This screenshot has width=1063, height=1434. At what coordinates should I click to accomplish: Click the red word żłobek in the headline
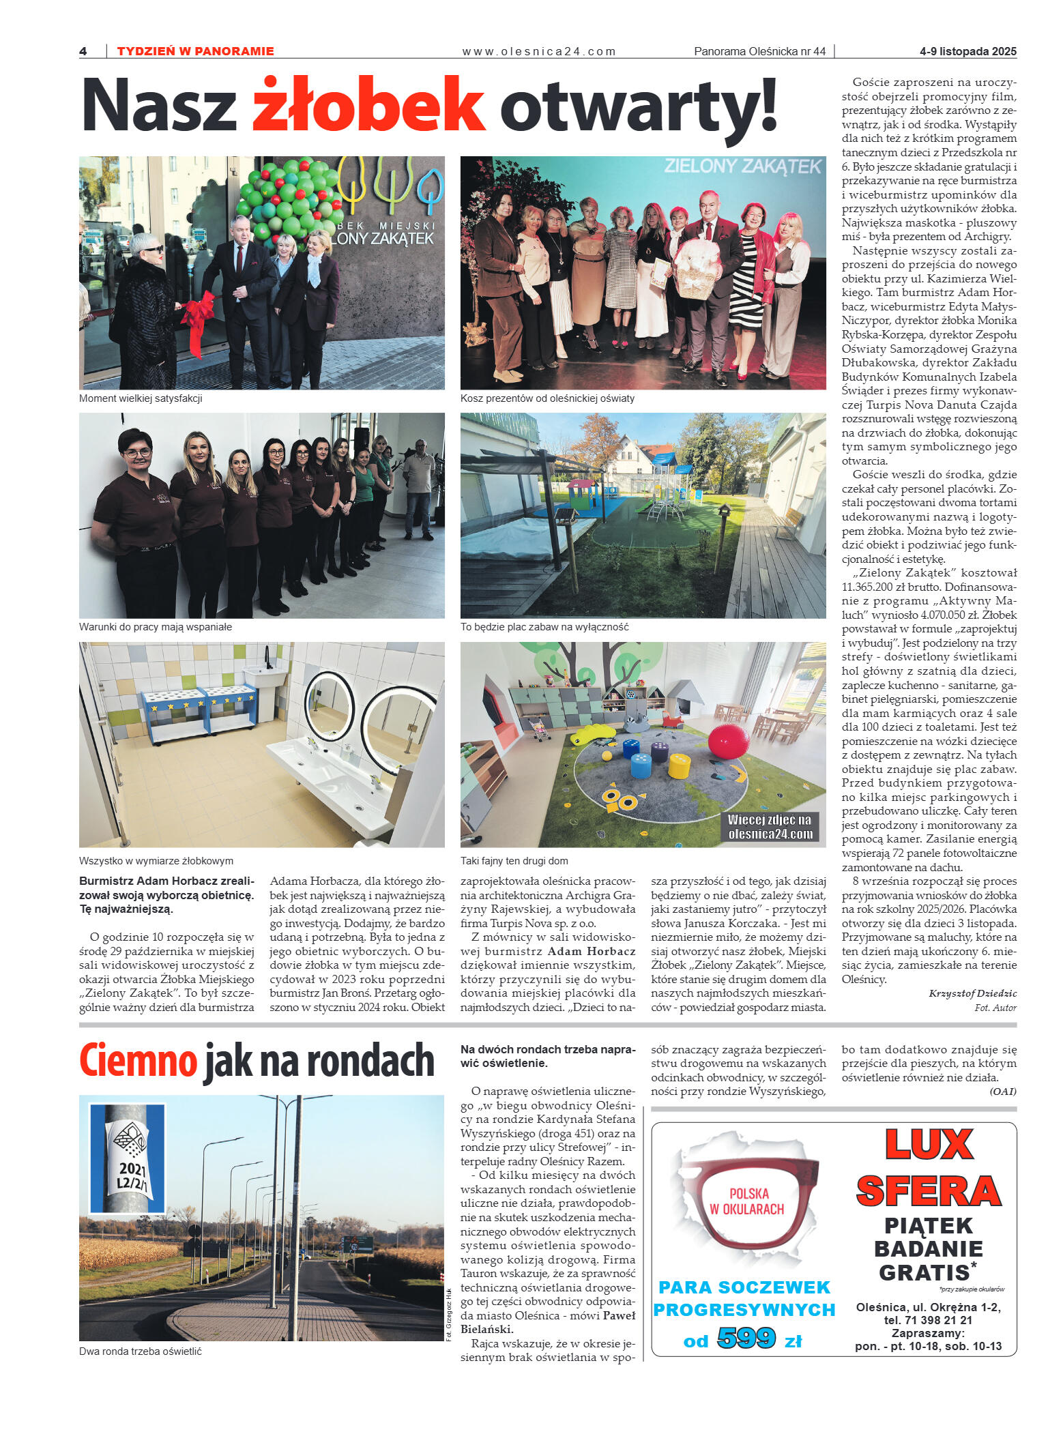click(368, 106)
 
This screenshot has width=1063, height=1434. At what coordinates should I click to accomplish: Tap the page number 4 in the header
click(83, 51)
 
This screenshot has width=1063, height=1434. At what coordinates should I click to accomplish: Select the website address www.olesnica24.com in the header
click(538, 51)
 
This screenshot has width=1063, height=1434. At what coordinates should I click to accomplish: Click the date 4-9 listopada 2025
click(967, 51)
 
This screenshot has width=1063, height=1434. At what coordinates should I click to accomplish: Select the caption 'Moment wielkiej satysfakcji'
click(141, 398)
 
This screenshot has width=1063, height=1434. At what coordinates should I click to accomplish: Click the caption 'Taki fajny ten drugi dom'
click(514, 861)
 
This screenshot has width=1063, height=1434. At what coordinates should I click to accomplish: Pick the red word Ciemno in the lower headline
click(138, 1062)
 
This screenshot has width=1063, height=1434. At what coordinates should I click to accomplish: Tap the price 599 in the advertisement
click(746, 1338)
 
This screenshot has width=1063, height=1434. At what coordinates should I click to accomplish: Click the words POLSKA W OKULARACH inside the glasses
click(748, 1201)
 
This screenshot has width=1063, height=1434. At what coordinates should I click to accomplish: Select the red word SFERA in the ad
click(928, 1192)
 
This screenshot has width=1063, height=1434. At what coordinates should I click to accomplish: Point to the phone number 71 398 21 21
click(937, 1320)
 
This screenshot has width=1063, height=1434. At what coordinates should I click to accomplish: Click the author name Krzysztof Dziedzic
click(972, 993)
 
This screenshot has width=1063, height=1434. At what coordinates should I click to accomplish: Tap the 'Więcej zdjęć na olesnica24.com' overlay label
click(770, 827)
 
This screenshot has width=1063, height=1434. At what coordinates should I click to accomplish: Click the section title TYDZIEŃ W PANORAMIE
click(195, 51)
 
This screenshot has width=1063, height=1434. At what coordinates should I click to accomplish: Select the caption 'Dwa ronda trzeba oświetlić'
click(141, 1351)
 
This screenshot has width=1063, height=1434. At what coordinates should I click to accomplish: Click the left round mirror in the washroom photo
click(329, 707)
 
